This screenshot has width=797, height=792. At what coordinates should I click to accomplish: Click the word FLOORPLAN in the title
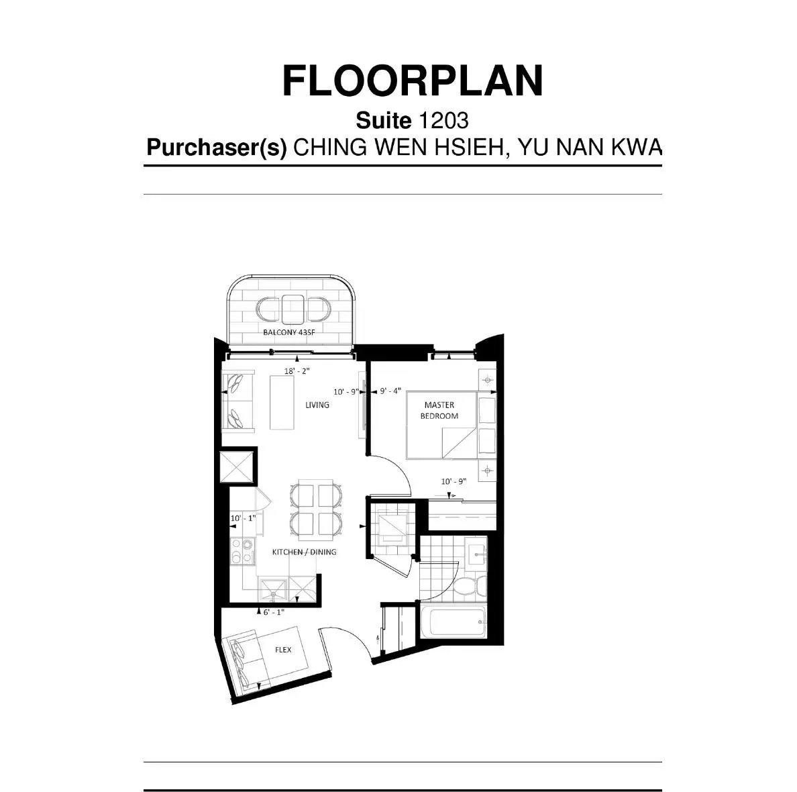[x=412, y=82]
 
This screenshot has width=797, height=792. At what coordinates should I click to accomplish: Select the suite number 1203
[x=443, y=121]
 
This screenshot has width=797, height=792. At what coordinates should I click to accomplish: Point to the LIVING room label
[x=317, y=405]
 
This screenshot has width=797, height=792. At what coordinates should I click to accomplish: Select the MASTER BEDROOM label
[x=439, y=410]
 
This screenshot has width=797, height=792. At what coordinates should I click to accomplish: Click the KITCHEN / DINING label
[x=304, y=552]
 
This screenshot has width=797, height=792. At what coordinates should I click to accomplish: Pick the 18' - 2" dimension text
[x=297, y=370]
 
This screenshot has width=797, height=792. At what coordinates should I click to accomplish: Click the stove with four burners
[x=241, y=552]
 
